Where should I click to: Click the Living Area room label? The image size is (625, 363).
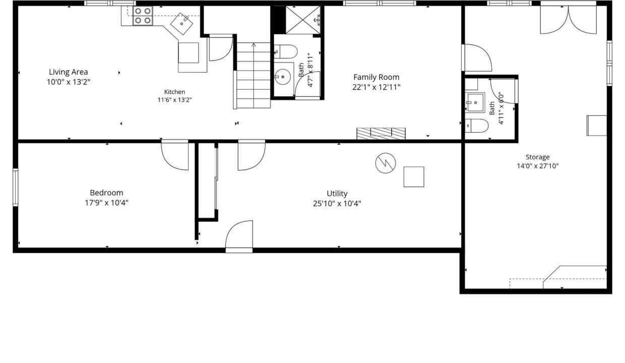pyautogui.click(x=69, y=72)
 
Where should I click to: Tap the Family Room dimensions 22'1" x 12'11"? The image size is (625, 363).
pyautogui.click(x=376, y=87)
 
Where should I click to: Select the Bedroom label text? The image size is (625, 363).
pyautogui.click(x=106, y=193)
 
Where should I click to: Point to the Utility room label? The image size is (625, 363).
pyautogui.click(x=337, y=194)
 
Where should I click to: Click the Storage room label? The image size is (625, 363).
pyautogui.click(x=538, y=157)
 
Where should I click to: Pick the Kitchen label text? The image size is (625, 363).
pyautogui.click(x=174, y=92)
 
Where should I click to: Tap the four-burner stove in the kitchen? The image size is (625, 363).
pyautogui.click(x=143, y=16)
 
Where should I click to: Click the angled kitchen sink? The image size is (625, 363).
pyautogui.click(x=181, y=24)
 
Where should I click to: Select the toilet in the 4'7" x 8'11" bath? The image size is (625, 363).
pyautogui.click(x=285, y=51)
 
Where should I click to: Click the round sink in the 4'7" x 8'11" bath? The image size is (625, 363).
pyautogui.click(x=283, y=77)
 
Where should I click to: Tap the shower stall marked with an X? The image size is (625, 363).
pyautogui.click(x=303, y=20)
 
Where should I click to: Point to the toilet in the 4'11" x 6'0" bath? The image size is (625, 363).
pyautogui.click(x=477, y=126)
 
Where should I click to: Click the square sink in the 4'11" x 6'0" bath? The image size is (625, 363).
pyautogui.click(x=475, y=102)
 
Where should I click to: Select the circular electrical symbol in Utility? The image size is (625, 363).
pyautogui.click(x=386, y=163)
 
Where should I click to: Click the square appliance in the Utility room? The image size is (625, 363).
pyautogui.click(x=414, y=177)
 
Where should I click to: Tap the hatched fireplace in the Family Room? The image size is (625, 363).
pyautogui.click(x=381, y=134)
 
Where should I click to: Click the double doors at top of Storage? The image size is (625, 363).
pyautogui.click(x=569, y=20)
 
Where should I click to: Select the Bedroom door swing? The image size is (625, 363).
pyautogui.click(x=175, y=155)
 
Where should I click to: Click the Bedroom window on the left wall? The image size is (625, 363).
pyautogui.click(x=16, y=188)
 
